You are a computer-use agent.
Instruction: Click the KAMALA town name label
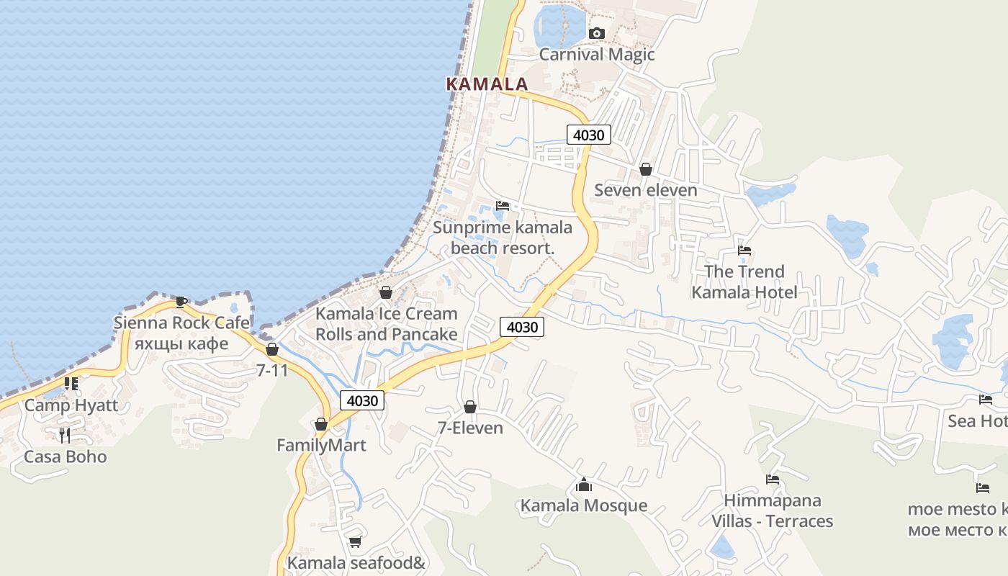[x=487, y=84]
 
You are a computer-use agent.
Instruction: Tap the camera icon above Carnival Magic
[x=596, y=33]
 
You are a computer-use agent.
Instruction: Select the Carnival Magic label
[x=596, y=54]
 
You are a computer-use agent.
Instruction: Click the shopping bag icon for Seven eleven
[x=646, y=169]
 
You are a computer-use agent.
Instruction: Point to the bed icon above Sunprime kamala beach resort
[x=503, y=206]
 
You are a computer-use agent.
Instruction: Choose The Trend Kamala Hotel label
[x=744, y=282]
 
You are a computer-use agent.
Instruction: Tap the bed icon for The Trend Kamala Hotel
[x=744, y=251]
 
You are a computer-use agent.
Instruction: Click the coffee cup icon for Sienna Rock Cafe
[x=181, y=301]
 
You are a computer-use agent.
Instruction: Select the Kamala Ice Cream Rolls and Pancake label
[x=387, y=324]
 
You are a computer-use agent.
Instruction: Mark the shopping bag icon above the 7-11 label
[x=272, y=349]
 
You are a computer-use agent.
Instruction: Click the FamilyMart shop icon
[x=321, y=424]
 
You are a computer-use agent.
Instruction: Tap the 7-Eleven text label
[x=470, y=428]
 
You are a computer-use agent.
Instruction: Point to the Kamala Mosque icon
[x=584, y=485]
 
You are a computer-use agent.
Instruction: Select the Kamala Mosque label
[x=584, y=505]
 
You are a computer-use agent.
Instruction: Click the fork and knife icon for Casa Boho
[x=65, y=435]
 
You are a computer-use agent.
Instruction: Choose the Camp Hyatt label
[x=71, y=405]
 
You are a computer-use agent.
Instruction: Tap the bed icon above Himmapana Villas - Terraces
[x=773, y=480]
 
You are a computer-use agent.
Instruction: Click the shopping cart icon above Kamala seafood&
[x=355, y=541]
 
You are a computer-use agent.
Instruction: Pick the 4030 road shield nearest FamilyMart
[x=362, y=400]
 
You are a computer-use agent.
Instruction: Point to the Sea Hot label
[x=977, y=420]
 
